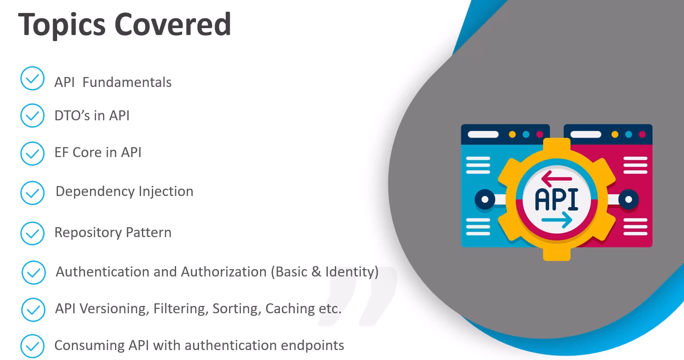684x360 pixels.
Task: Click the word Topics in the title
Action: click(62, 25)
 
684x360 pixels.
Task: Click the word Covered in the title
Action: click(173, 24)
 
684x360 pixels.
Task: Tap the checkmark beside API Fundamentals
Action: click(32, 78)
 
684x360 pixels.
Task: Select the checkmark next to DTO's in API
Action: click(32, 116)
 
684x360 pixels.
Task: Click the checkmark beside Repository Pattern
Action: click(32, 233)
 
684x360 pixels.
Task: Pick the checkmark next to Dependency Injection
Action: click(32, 193)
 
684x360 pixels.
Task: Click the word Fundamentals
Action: click(127, 82)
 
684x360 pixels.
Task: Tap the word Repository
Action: click(87, 233)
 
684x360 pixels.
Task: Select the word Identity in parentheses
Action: click(350, 272)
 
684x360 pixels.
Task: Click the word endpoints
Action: click(312, 346)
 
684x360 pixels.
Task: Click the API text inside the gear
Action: click(557, 200)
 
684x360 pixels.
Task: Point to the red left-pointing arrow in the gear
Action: click(556, 178)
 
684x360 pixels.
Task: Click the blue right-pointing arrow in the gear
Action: click(557, 220)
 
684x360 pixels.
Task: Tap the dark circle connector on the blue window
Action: click(485, 200)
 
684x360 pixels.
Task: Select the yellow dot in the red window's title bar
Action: click(615, 135)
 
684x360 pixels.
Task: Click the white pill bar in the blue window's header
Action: click(483, 135)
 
